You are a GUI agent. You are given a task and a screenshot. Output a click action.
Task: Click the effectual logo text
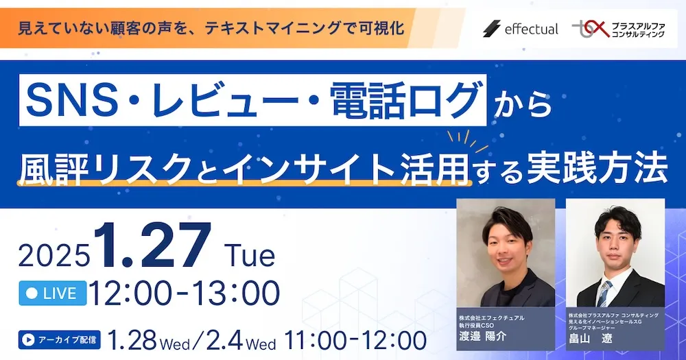[531, 29]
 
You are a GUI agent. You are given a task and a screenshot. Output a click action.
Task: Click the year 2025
[54, 256]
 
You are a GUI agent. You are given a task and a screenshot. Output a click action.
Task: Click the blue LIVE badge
[52, 293]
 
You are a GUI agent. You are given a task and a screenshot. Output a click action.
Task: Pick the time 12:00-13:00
[184, 293]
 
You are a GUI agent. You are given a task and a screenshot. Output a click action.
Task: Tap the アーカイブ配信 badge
[59, 339]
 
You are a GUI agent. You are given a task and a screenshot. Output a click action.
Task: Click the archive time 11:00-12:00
[354, 339]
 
